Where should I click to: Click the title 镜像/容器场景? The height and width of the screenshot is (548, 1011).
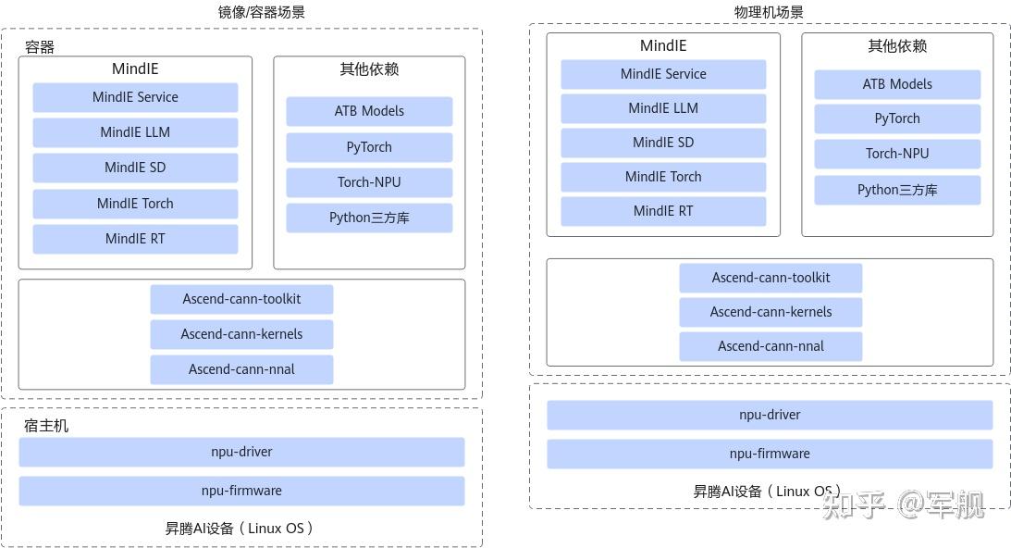(261, 12)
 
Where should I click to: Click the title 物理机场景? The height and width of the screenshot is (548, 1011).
(769, 12)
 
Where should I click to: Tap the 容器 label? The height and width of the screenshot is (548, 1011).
(40, 47)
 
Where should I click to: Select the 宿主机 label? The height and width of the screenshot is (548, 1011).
(46, 426)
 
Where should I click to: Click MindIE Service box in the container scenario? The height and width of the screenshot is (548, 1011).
(135, 97)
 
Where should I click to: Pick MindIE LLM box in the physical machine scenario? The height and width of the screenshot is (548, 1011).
(663, 108)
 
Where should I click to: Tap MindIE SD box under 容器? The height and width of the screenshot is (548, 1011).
(135, 168)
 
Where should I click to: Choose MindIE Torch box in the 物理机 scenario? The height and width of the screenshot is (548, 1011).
(663, 177)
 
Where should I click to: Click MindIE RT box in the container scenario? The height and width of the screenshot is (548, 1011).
(135, 239)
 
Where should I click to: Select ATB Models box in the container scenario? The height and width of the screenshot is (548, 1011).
(369, 111)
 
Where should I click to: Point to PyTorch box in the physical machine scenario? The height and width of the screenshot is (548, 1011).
(897, 118)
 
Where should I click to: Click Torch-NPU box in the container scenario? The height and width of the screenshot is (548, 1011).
(369, 182)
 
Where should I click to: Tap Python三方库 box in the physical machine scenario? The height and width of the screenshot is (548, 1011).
(897, 190)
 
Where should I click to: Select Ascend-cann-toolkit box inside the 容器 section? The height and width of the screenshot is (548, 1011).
(241, 299)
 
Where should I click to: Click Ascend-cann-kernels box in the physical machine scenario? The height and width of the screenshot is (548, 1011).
(771, 312)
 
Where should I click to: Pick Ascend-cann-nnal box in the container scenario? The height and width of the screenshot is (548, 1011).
(241, 369)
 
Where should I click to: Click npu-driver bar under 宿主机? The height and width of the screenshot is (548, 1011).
(241, 452)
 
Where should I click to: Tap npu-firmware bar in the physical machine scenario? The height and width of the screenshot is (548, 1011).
(770, 454)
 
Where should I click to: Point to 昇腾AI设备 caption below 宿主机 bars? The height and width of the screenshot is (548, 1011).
(240, 529)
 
